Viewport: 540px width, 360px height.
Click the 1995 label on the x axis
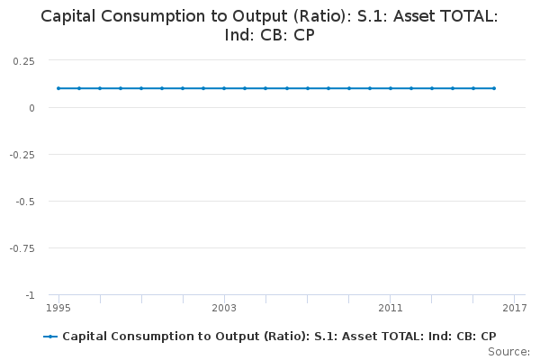click(58, 308)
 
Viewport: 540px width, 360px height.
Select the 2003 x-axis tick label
click(224, 308)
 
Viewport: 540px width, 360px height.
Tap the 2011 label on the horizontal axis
click(390, 308)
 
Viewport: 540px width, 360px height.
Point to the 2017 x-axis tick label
click(515, 308)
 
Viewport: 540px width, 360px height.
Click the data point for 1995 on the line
click(58, 88)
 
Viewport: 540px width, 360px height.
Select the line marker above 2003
click(224, 88)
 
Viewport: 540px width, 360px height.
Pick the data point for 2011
click(390, 88)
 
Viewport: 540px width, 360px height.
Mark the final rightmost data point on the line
click(494, 88)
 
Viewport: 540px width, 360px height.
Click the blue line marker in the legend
click(50, 336)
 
